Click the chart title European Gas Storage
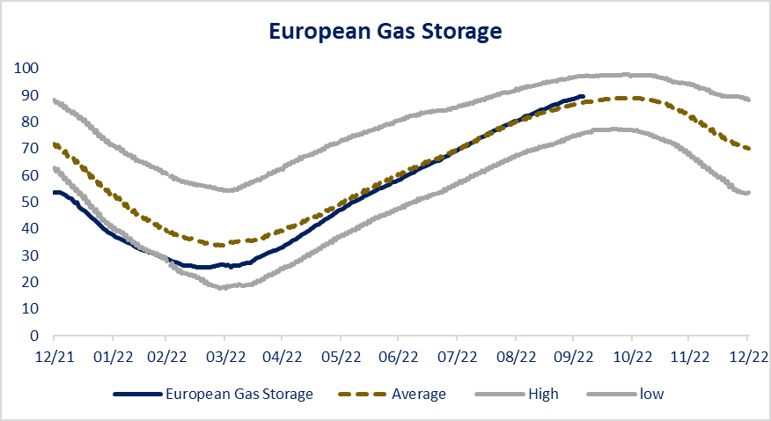[385, 32]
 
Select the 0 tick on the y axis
[34, 336]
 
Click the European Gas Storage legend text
[239, 395]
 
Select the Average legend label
[418, 395]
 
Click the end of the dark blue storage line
[583, 97]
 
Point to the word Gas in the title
[379, 32]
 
